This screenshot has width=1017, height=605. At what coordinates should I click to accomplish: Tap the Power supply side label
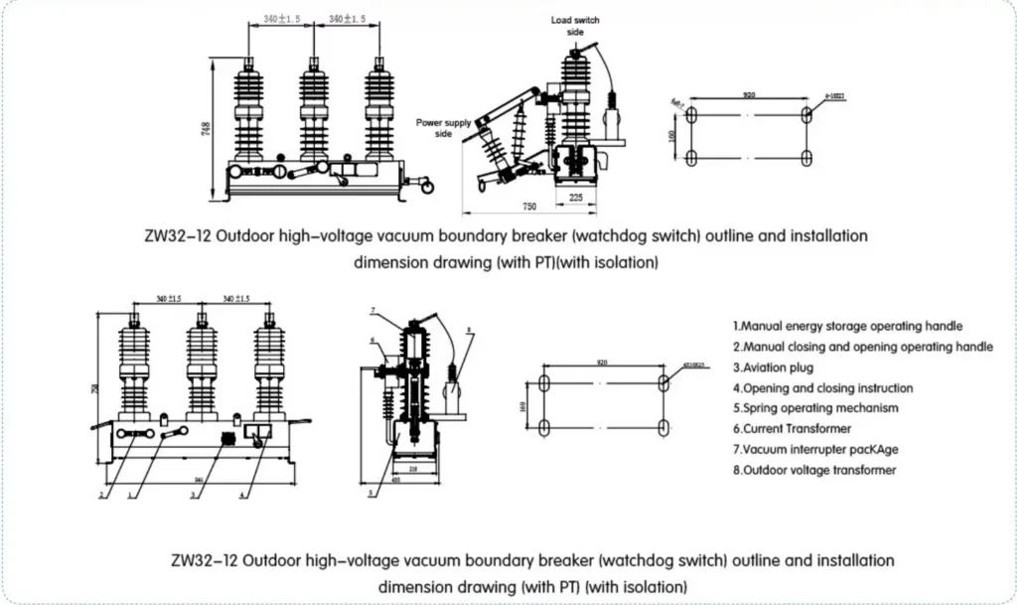pos(443,128)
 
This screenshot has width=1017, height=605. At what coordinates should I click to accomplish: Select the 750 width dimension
pos(530,207)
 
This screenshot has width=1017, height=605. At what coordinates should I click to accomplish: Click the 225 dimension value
pos(575,196)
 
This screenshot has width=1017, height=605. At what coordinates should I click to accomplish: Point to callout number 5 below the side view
pos(369,493)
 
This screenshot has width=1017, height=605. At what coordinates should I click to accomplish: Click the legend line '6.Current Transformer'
pos(792,429)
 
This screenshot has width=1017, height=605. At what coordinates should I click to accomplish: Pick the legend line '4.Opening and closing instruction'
pos(822,388)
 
